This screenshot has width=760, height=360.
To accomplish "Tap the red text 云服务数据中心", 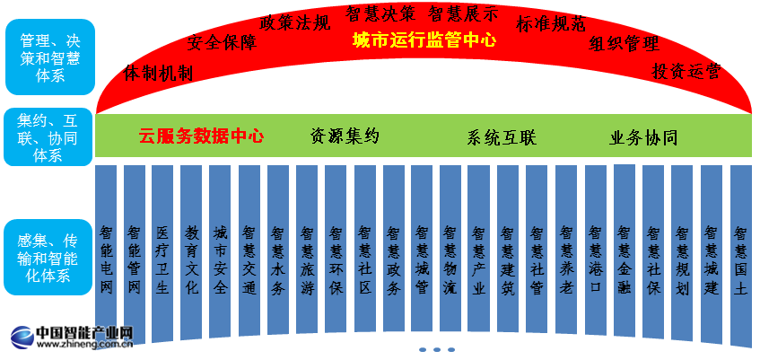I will (x=201, y=136).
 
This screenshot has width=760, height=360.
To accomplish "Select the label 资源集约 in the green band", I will (x=345, y=136).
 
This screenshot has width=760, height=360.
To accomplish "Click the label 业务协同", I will (x=643, y=138).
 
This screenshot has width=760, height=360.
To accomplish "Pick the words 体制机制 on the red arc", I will (x=158, y=72).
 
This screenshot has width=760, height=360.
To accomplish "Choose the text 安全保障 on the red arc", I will (x=222, y=43).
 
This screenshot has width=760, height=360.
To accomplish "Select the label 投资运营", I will (x=686, y=71).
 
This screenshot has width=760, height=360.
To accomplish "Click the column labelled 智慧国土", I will (x=739, y=256).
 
